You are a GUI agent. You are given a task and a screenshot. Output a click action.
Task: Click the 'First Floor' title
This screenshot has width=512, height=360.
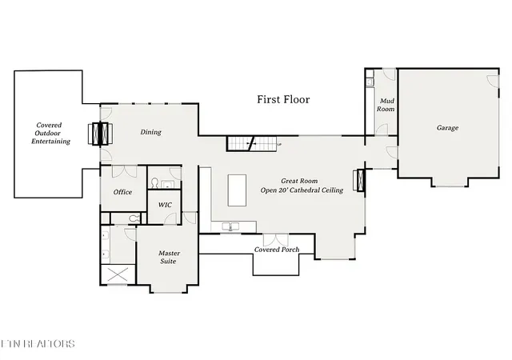coord(282,100)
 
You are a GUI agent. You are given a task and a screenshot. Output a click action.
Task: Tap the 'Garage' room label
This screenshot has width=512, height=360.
coord(447,128)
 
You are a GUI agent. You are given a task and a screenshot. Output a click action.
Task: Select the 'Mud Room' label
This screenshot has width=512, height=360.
coord(386,104)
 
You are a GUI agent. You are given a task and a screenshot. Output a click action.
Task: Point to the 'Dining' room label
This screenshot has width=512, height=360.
coord(150,133)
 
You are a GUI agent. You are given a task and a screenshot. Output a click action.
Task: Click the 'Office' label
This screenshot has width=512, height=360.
coord(122,192)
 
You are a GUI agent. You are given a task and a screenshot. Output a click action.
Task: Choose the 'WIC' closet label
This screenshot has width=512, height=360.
coord(165,205)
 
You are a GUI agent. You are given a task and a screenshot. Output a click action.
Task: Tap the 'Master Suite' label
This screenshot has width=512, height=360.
coord(169,258)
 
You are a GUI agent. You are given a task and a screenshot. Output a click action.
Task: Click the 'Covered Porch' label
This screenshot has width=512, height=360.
coord(277,250)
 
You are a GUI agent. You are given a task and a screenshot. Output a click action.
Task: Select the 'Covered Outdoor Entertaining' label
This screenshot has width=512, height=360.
coord(50,134)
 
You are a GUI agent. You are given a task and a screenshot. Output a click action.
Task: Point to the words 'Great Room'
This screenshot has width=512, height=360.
coord(301,182)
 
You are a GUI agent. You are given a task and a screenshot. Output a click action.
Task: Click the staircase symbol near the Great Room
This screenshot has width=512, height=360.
coord(253,144)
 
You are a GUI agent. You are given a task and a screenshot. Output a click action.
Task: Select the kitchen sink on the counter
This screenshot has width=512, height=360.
coord(231,227)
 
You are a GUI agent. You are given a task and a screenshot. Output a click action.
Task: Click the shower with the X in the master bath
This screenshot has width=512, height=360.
coord(117,275)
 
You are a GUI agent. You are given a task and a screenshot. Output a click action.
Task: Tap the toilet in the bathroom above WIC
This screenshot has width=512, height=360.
coord(154,183)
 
